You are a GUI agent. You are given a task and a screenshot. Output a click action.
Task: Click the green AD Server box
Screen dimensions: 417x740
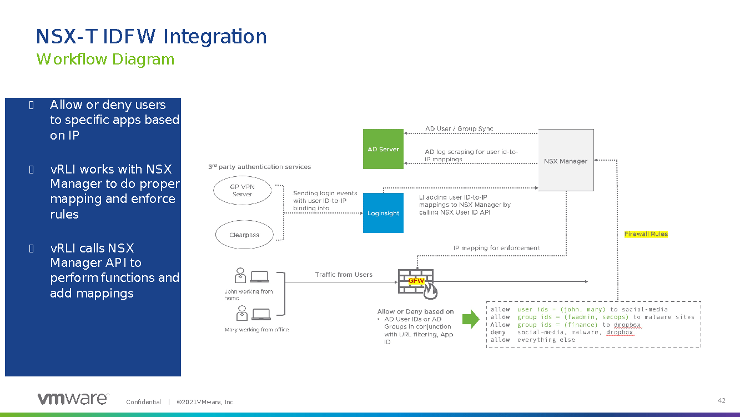(x=383, y=149)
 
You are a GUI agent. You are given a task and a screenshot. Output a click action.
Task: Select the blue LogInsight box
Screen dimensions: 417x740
(x=383, y=213)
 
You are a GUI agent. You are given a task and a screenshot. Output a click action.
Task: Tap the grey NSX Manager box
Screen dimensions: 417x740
(x=566, y=161)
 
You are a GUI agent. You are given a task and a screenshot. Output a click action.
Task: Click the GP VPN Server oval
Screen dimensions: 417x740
(x=242, y=191)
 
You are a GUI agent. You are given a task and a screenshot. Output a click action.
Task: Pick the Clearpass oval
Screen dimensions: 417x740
(x=244, y=235)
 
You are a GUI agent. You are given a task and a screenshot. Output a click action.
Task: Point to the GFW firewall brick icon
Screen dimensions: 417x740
(x=417, y=282)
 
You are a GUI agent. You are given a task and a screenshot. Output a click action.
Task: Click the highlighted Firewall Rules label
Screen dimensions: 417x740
(x=646, y=234)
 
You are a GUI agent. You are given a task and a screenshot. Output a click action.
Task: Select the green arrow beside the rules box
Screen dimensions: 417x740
(x=471, y=319)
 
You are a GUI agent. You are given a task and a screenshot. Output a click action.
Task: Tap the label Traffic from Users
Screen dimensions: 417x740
(x=344, y=275)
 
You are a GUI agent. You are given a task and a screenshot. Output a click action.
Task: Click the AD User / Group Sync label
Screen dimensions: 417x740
(x=459, y=129)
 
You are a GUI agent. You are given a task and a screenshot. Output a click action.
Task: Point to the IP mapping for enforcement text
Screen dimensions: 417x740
(x=496, y=248)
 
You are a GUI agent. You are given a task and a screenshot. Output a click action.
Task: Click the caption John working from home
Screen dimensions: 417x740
(x=248, y=295)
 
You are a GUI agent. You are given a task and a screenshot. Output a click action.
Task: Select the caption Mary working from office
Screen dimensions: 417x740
(x=256, y=330)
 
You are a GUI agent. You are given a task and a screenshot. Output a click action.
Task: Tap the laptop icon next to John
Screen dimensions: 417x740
(x=259, y=276)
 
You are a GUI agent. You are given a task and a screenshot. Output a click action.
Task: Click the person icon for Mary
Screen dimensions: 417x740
(x=241, y=313)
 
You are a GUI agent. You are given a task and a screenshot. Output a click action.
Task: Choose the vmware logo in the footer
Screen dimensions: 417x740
(x=73, y=399)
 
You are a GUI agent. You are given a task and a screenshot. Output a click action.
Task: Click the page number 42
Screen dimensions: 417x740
(x=722, y=401)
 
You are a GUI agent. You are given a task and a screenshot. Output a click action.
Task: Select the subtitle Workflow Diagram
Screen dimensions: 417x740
(x=105, y=59)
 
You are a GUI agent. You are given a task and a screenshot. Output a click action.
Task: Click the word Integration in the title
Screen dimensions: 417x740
(x=215, y=37)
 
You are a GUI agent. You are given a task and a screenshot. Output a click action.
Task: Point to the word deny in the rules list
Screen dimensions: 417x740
(x=498, y=332)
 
